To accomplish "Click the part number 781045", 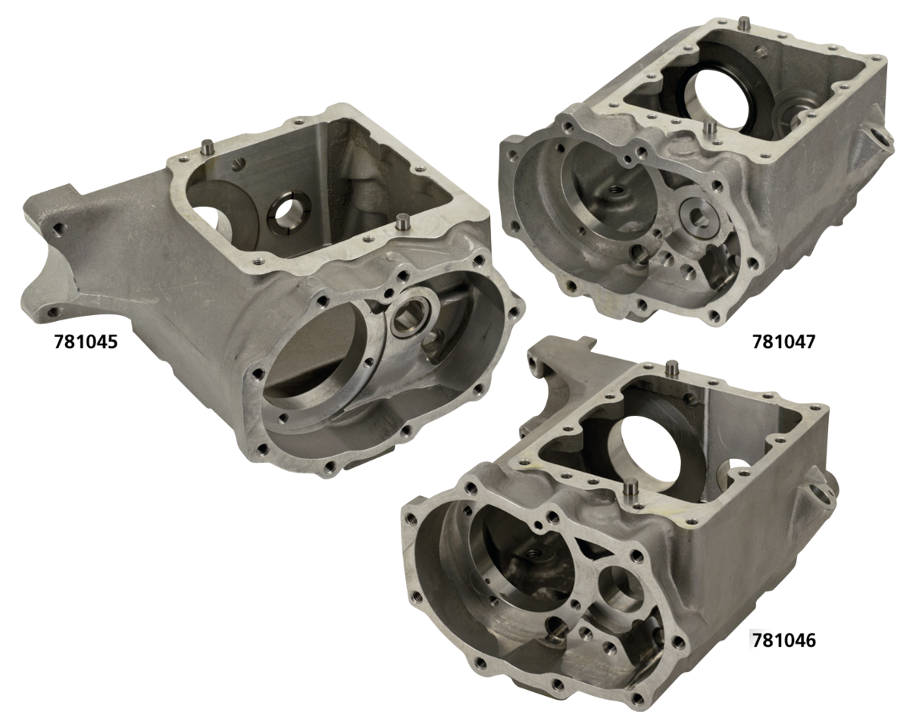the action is click(x=86, y=342).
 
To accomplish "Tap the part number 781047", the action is click(x=784, y=342).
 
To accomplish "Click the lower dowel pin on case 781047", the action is click(x=708, y=126).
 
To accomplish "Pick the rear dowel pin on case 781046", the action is click(x=671, y=368).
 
